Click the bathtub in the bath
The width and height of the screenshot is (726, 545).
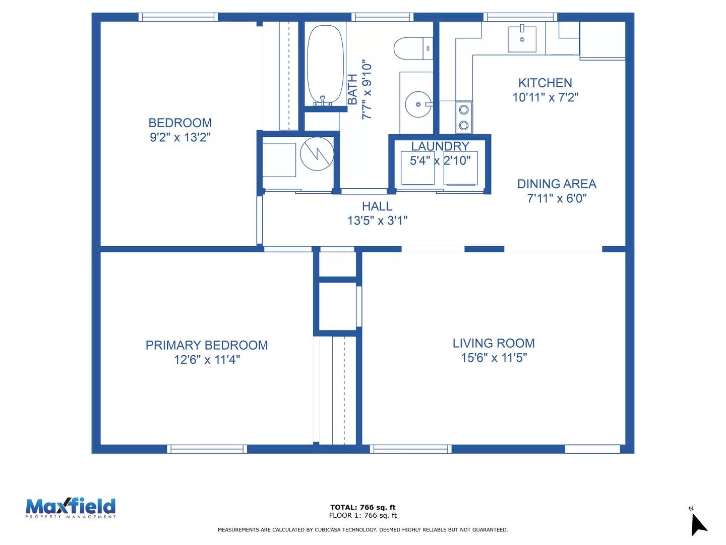click(x=325, y=65)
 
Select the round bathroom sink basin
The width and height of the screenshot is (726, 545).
click(x=418, y=104)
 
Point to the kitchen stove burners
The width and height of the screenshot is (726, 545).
click(x=464, y=117)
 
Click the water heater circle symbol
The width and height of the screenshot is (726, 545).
click(x=317, y=153)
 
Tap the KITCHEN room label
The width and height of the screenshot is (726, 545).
click(x=545, y=83)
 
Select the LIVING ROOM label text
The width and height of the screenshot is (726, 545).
click(x=493, y=343)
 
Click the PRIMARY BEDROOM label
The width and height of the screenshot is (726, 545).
click(x=207, y=345)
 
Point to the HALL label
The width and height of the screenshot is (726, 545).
click(x=377, y=206)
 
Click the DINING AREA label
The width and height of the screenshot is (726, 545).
click(x=557, y=184)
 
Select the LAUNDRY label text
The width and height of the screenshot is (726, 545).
click(x=440, y=146)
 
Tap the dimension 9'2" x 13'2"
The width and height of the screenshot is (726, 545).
click(x=180, y=137)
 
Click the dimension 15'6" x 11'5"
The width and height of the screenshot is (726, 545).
click(x=494, y=358)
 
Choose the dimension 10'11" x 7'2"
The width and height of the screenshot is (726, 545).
click(x=545, y=97)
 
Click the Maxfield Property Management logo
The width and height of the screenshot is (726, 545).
click(x=71, y=508)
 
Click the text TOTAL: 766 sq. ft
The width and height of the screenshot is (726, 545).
click(x=362, y=507)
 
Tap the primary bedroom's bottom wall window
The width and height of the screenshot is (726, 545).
click(x=207, y=449)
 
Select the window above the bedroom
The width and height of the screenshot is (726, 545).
click(x=178, y=17)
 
